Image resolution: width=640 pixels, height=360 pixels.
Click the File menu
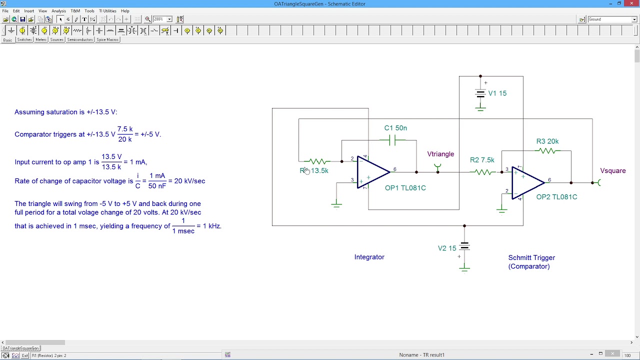(5, 11)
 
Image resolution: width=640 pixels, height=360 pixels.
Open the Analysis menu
(58, 11)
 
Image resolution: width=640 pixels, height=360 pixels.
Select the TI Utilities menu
(107, 11)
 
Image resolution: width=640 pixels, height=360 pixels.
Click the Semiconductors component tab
(80, 40)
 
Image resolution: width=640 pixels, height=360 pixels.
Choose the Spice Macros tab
(107, 40)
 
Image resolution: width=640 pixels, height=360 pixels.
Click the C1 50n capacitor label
(395, 128)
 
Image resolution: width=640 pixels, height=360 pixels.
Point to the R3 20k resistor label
(547, 141)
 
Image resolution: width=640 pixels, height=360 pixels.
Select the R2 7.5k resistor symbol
(483, 172)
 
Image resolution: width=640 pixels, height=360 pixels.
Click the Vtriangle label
(440, 154)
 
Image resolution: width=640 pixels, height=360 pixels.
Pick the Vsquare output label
(612, 171)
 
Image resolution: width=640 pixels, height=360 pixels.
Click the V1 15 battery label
(497, 93)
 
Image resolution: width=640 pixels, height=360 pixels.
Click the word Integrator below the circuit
(369, 257)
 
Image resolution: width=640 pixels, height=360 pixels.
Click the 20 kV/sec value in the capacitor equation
(189, 181)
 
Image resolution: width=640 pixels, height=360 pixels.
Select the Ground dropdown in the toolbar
(612, 19)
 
